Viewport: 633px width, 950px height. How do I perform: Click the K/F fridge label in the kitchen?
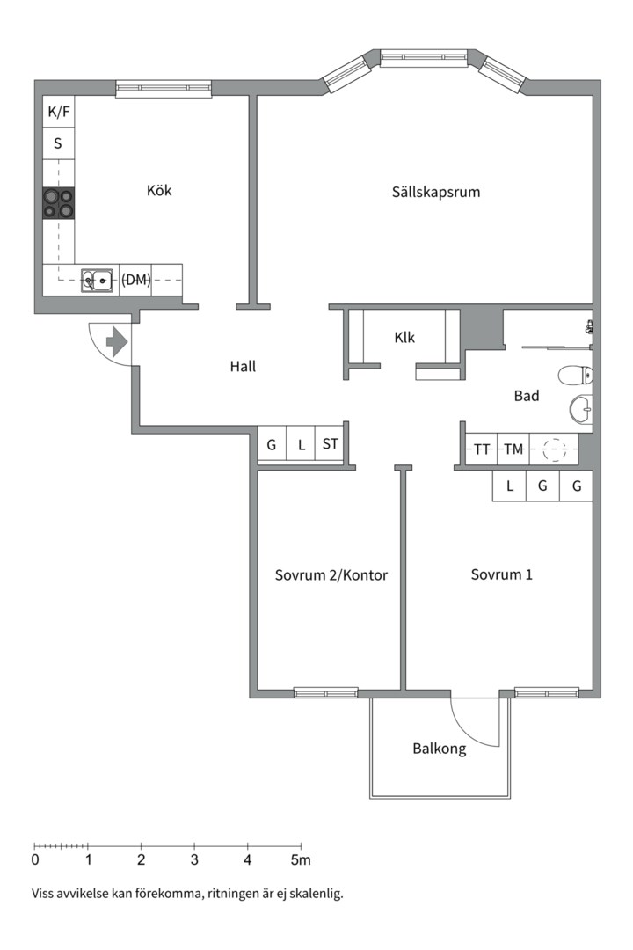[x=58, y=112]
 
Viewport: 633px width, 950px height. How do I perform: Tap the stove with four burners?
[x=58, y=203]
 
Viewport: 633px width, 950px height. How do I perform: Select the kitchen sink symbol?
[x=97, y=281]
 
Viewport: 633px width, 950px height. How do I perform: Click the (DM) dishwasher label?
[x=135, y=280]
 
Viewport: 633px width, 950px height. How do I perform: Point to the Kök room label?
[x=159, y=190]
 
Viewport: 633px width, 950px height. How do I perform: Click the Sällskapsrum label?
[x=436, y=191]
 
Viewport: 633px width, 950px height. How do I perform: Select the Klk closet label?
[x=404, y=337]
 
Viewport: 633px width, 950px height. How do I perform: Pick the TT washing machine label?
[x=482, y=449]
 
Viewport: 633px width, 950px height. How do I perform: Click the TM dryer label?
[x=513, y=449]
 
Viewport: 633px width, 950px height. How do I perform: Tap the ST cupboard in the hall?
[x=330, y=444]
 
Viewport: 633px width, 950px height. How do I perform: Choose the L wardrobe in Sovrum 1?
[x=509, y=486]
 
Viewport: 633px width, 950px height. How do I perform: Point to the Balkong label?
[x=439, y=749]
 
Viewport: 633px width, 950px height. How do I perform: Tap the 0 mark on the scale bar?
[x=35, y=859]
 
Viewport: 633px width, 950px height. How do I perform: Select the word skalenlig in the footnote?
[x=316, y=894]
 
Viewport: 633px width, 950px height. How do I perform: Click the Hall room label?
[x=243, y=367]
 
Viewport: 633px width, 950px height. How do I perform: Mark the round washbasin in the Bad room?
[x=580, y=408]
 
